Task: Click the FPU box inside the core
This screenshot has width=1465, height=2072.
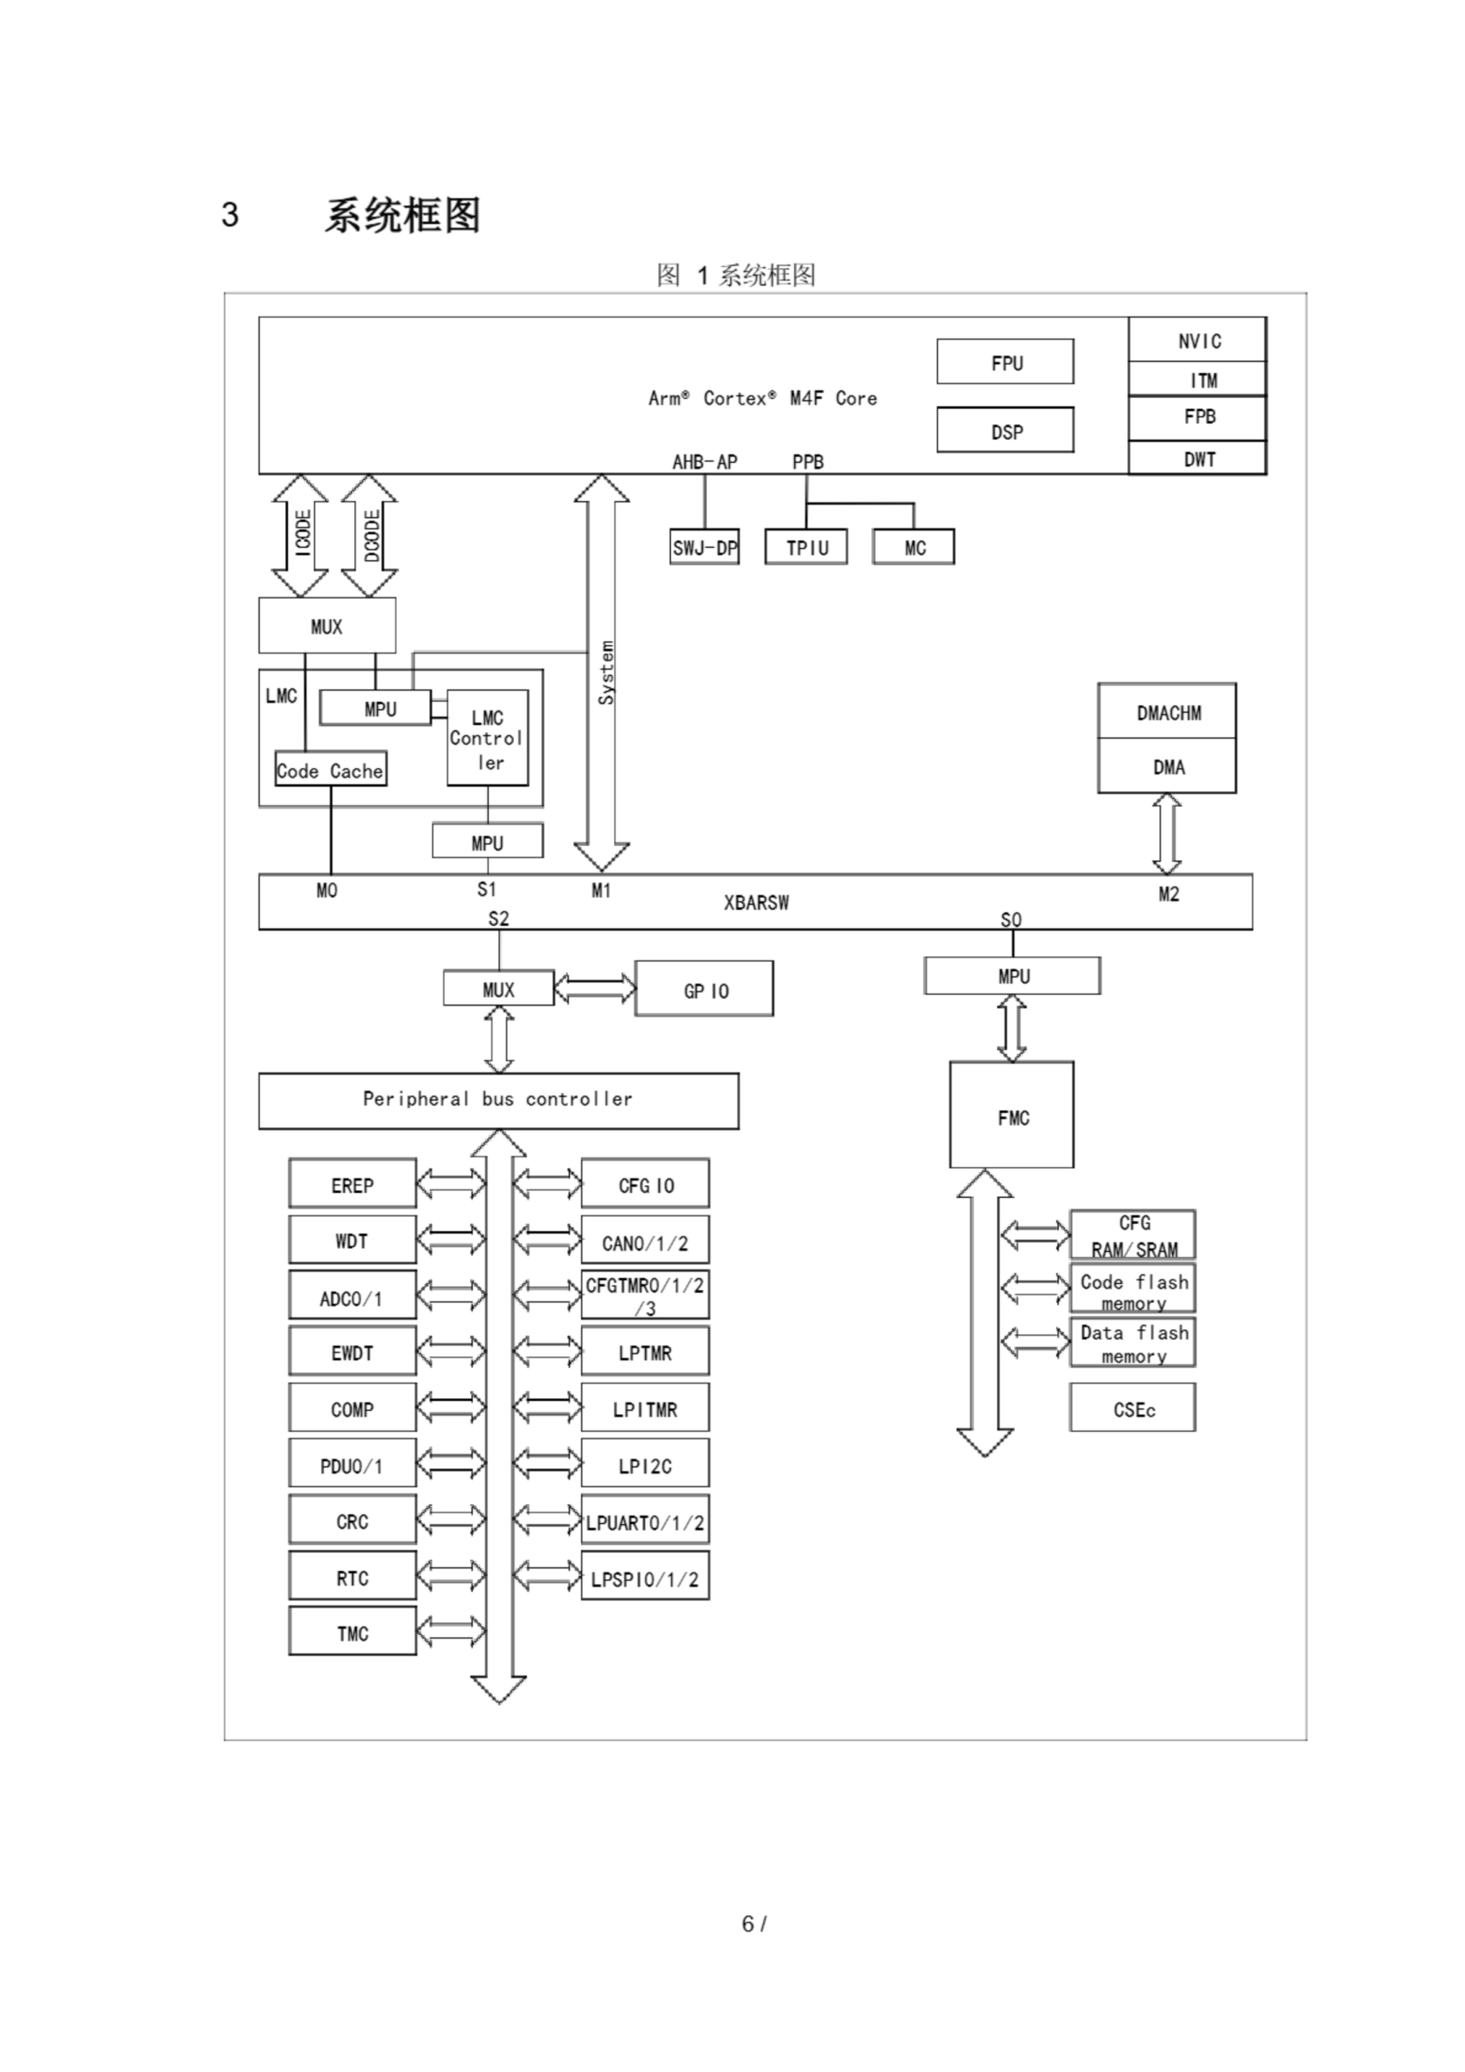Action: pos(1004,362)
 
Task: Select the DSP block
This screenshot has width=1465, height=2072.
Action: pos(1004,431)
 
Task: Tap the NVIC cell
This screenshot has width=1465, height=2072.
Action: pos(1198,340)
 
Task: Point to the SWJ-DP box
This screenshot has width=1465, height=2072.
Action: pos(704,547)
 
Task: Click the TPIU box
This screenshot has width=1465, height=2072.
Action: pos(805,547)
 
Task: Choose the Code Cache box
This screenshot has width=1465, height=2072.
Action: pos(330,770)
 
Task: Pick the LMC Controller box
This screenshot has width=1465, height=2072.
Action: pos(487,738)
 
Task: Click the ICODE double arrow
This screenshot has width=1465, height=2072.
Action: pos(300,535)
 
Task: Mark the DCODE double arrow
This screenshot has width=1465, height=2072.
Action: pos(369,535)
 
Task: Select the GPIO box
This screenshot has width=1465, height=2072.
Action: pos(704,989)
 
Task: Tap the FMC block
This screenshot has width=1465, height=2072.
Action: pos(1012,1116)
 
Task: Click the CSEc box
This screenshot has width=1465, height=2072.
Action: pos(1133,1408)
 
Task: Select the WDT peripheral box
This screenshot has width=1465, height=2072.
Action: pos(352,1240)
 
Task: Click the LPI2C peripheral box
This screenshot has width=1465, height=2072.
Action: pos(644,1466)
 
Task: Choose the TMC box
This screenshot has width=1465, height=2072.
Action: pos(352,1633)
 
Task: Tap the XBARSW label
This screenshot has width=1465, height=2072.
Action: pos(755,902)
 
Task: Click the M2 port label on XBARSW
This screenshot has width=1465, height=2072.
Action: pos(1168,894)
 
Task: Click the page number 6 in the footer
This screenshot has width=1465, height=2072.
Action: pos(747,1924)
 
